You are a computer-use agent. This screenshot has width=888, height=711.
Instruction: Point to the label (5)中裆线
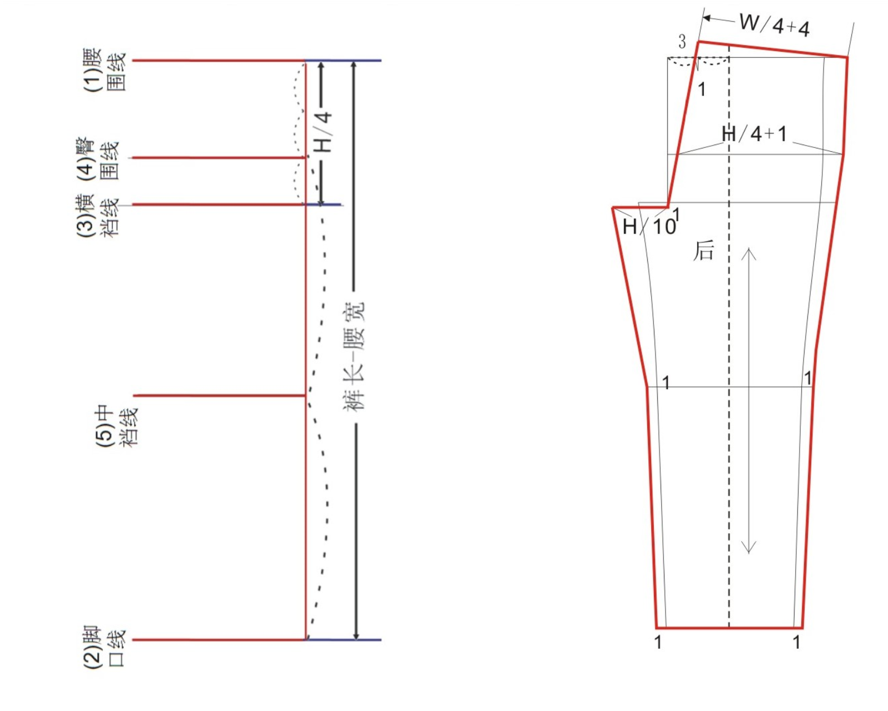tap(117, 427)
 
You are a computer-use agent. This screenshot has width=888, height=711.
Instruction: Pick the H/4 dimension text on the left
tap(325, 132)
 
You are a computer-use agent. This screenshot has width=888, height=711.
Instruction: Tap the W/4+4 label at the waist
tap(775, 25)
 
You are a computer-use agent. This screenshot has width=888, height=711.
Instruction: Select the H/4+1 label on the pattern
tap(755, 134)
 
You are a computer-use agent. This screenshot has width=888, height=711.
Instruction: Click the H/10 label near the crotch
tap(649, 227)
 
